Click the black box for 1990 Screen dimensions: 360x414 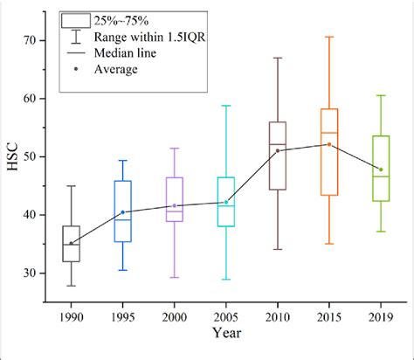pyautogui.click(x=72, y=244)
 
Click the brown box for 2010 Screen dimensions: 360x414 pyautogui.click(x=278, y=156)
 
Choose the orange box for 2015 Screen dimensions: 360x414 pyautogui.click(x=329, y=151)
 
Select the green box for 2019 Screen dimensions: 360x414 pyautogui.click(x=381, y=168)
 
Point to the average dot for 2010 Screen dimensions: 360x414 pyautogui.click(x=278, y=150)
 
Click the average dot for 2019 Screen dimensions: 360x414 pyautogui.click(x=381, y=170)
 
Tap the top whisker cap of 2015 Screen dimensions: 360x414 pyautogui.click(x=329, y=37)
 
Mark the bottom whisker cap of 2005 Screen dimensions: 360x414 pyautogui.click(x=226, y=280)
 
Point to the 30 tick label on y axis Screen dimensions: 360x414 pyautogui.click(x=32, y=273)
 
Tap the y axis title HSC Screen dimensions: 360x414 pyautogui.click(x=11, y=156)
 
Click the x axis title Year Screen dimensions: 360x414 pyautogui.click(x=225, y=333)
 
